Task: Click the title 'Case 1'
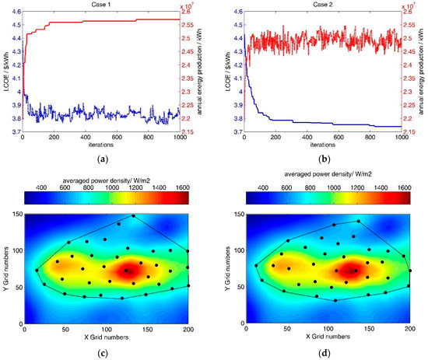click(102, 5)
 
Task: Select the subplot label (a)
click(102, 159)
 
